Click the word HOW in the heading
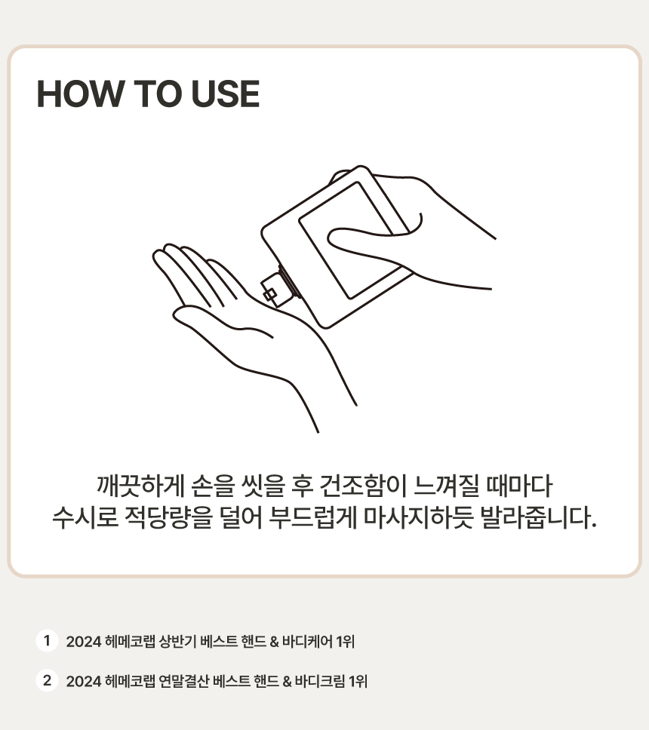(x=80, y=94)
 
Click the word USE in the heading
(x=226, y=94)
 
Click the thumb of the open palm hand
(x=219, y=321)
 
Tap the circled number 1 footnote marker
(x=47, y=640)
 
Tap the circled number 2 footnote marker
(x=47, y=680)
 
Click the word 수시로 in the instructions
(x=85, y=517)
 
